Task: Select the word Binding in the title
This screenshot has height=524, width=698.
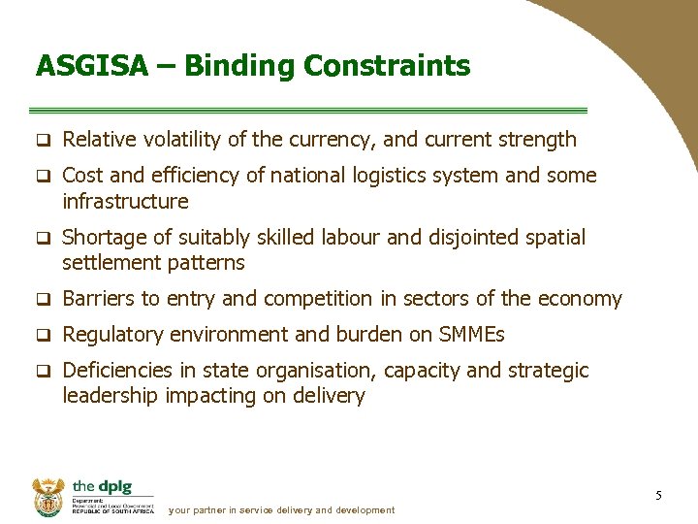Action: [x=239, y=66]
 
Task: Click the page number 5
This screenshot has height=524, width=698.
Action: [x=658, y=496]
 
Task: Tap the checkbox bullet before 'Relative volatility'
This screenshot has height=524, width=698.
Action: [x=43, y=141]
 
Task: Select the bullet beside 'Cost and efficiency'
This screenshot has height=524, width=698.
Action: [x=43, y=177]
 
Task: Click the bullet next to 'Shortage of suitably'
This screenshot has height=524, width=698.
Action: [x=43, y=239]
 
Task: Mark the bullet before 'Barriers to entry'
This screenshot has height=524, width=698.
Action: [x=43, y=300]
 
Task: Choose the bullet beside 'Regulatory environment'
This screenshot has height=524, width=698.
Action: [x=43, y=336]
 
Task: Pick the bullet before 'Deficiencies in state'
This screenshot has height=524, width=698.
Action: [x=43, y=372]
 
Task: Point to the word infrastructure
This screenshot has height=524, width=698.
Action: [x=125, y=202]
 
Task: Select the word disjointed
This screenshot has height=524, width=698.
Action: [x=475, y=238]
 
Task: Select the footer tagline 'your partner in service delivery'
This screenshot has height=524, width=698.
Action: [x=281, y=510]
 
